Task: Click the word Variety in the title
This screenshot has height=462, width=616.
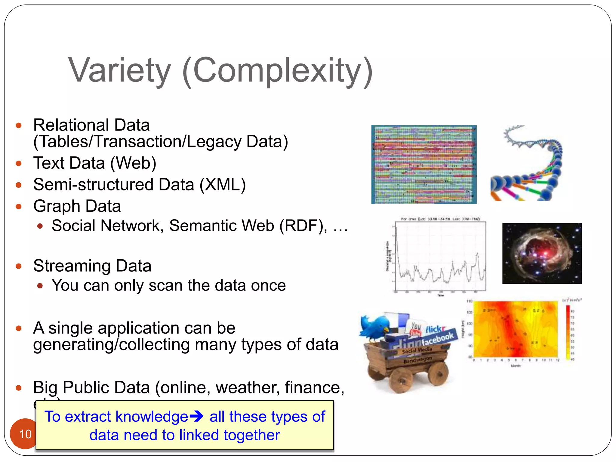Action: [120, 70]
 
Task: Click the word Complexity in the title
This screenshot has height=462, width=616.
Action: [277, 70]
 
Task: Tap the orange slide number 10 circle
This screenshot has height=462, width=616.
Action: [25, 434]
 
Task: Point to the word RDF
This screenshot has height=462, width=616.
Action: [303, 226]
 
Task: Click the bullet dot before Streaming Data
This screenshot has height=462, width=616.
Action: [19, 266]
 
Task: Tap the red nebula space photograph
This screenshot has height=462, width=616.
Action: [541, 253]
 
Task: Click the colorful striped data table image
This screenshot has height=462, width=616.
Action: [423, 165]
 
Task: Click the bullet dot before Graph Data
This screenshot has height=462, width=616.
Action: [19, 207]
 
